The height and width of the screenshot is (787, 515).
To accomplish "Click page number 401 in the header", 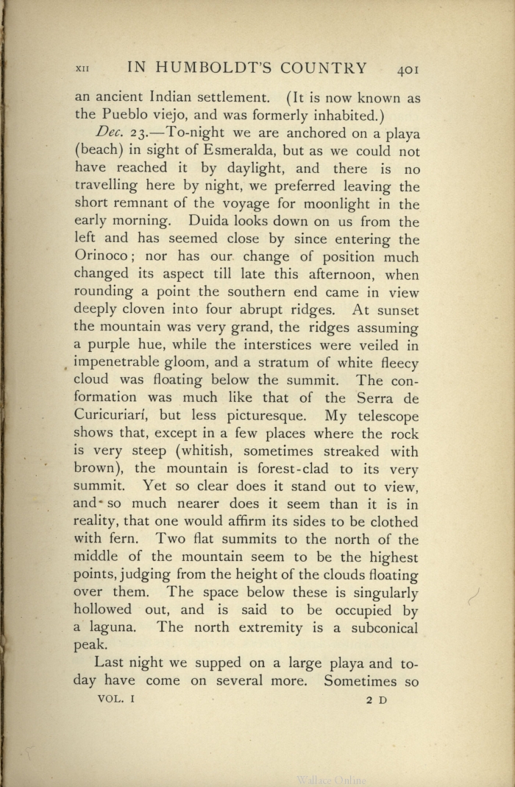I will (408, 70).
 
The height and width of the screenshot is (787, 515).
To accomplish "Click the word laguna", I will (113, 628).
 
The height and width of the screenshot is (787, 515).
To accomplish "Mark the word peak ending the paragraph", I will (89, 646).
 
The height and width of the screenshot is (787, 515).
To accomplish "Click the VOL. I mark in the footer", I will (115, 699).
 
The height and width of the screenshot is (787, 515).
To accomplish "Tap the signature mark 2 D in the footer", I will (376, 700).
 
